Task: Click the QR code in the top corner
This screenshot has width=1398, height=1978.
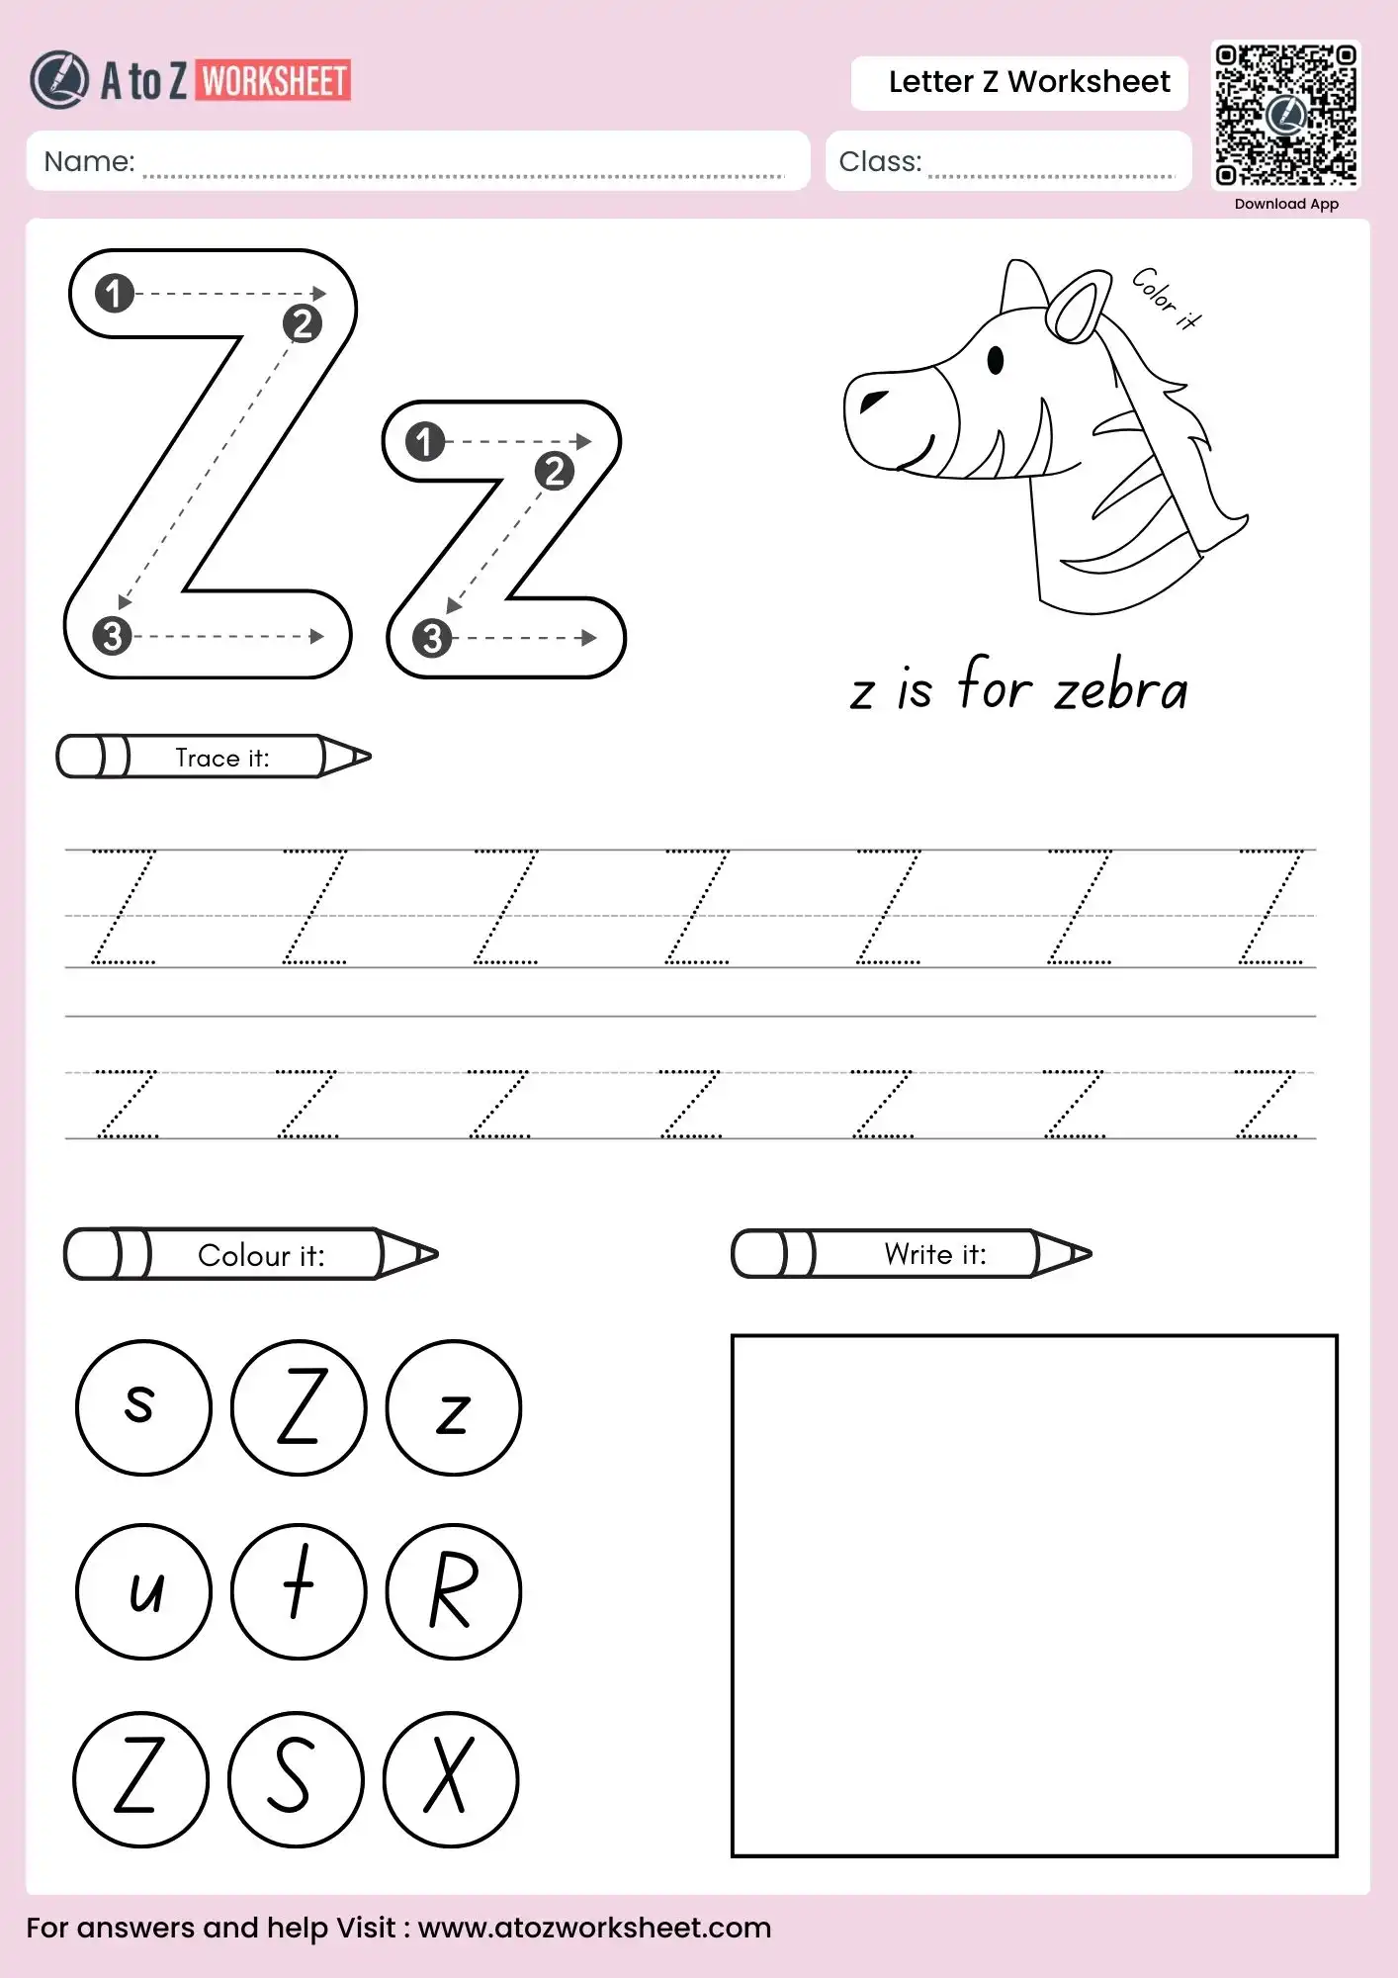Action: click(1285, 115)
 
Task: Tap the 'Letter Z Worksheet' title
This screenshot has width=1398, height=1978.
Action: click(1028, 82)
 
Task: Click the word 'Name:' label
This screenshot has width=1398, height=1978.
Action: click(89, 161)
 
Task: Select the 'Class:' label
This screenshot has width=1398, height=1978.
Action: click(879, 161)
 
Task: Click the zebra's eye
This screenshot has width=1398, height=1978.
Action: click(996, 360)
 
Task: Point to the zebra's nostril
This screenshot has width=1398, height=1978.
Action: click(873, 400)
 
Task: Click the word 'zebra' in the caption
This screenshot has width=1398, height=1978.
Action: click(1120, 689)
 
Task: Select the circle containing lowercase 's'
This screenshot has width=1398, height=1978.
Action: click(143, 1407)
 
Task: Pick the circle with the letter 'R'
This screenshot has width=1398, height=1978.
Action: click(454, 1591)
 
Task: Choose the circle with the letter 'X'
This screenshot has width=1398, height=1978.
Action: click(451, 1778)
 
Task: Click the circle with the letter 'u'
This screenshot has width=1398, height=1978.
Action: click(143, 1591)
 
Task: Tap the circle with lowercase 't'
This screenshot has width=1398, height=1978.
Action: click(299, 1591)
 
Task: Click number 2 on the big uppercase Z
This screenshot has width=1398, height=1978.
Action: click(303, 323)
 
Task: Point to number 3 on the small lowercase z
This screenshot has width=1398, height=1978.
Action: click(432, 639)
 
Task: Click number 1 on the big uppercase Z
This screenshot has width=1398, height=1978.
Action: click(115, 293)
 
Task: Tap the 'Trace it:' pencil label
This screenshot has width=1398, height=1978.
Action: click(221, 758)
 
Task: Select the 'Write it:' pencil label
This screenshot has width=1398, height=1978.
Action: click(934, 1254)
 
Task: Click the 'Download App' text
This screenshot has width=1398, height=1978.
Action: click(1286, 204)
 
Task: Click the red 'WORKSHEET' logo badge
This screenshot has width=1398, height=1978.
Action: click(274, 81)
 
